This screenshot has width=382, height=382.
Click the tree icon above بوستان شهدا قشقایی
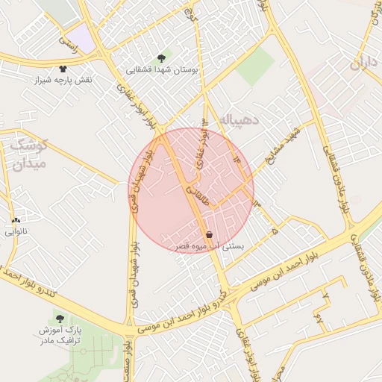click(161, 57)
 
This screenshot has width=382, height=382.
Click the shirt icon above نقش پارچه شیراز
click(63, 69)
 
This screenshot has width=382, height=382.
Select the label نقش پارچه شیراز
click(63, 80)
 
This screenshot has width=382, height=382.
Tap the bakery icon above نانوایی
click(16, 221)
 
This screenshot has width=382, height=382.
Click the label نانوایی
click(16, 232)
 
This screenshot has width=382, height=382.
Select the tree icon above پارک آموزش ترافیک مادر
click(60, 319)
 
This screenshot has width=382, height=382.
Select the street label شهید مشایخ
click(283, 142)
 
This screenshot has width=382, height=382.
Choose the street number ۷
click(325, 295)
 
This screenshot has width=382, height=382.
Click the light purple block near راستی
click(83, 40)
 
